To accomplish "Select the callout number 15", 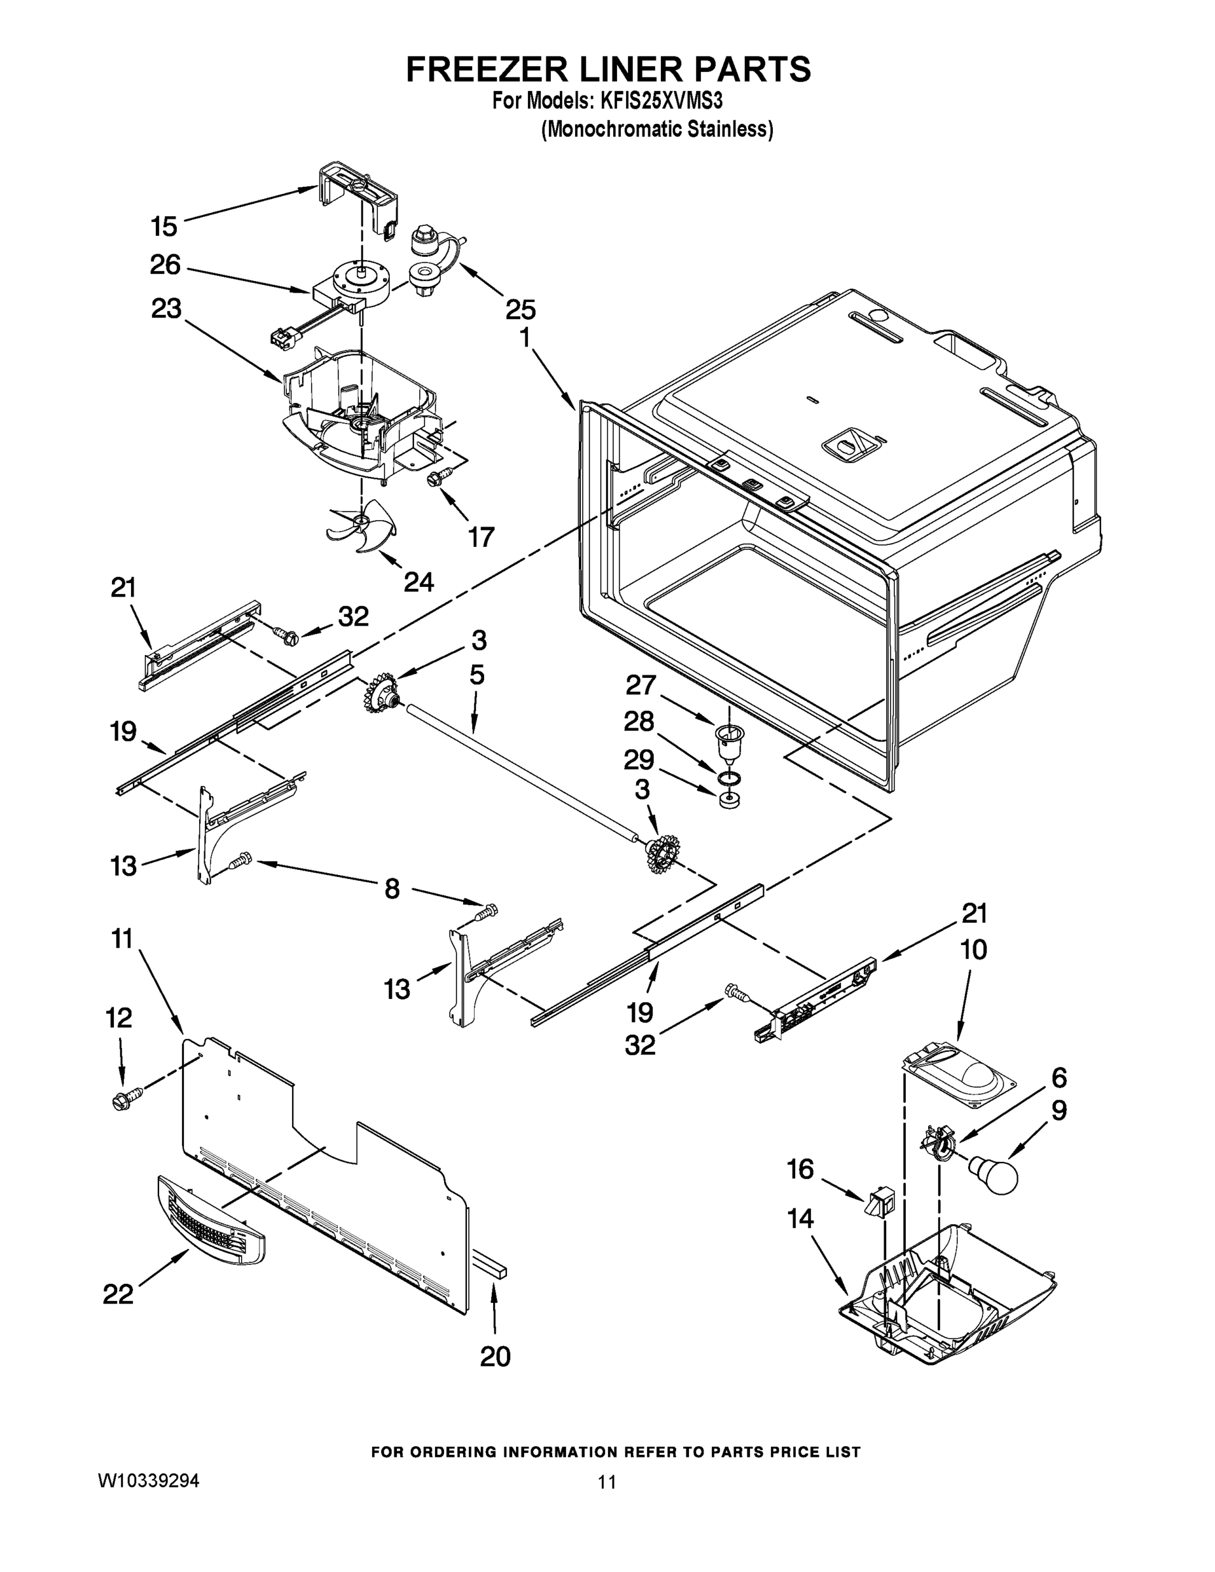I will (x=164, y=227).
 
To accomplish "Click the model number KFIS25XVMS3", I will (x=661, y=101).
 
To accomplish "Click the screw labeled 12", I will (x=124, y=1100).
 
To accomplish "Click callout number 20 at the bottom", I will (x=495, y=1356).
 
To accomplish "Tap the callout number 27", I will (x=641, y=684).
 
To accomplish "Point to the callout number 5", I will (x=476, y=675).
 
